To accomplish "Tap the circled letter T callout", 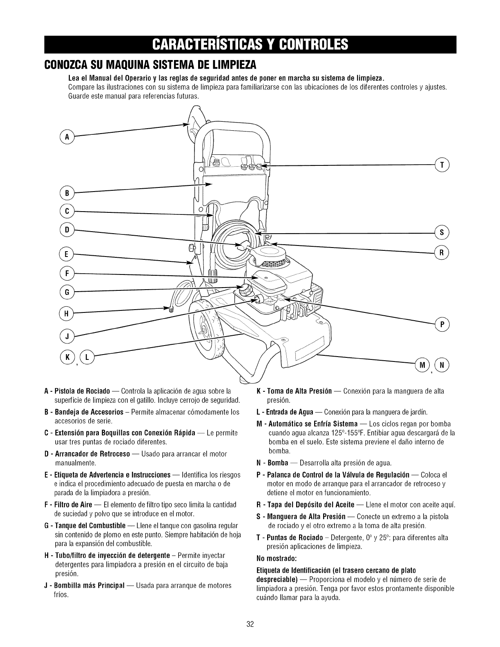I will [x=442, y=165].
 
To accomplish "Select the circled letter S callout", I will [x=442, y=233].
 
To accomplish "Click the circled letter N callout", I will [x=442, y=364].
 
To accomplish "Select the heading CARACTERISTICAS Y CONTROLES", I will [x=250, y=44].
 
